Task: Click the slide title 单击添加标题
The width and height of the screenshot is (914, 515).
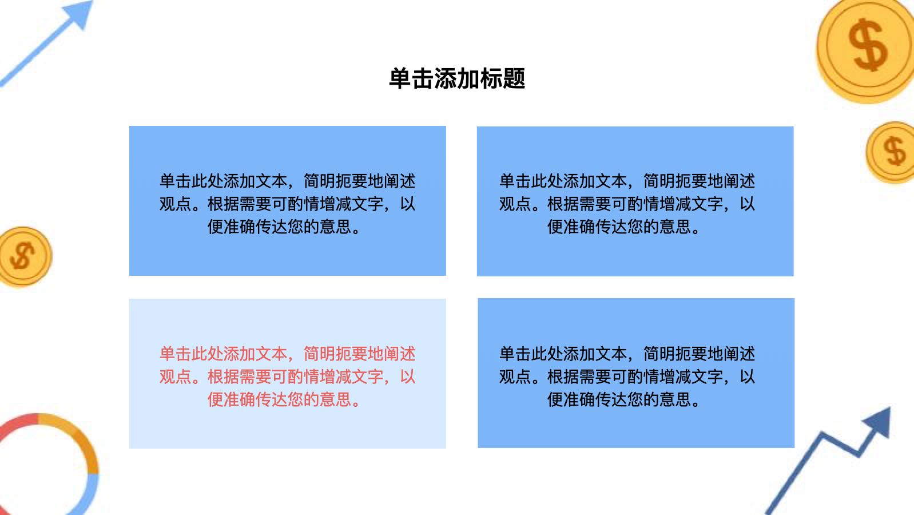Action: tap(457, 78)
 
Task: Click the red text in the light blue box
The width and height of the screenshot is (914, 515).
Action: tap(287, 377)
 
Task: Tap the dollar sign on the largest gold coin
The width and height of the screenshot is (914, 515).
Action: tap(868, 45)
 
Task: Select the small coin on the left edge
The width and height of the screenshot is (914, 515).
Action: tap(25, 257)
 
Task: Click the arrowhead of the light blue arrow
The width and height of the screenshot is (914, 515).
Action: tap(79, 13)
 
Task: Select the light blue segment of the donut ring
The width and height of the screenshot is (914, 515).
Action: tap(90, 496)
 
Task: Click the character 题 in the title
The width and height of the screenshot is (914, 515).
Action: tap(514, 78)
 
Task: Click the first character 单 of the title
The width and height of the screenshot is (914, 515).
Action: tap(400, 78)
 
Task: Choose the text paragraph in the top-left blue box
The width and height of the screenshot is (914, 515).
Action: tap(287, 204)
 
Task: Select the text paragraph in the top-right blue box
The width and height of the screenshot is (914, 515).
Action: tap(627, 204)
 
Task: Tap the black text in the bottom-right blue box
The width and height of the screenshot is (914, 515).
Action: tap(627, 377)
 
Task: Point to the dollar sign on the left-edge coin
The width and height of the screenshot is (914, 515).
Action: tap(22, 255)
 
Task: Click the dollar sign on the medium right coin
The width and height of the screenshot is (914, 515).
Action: tap(895, 151)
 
